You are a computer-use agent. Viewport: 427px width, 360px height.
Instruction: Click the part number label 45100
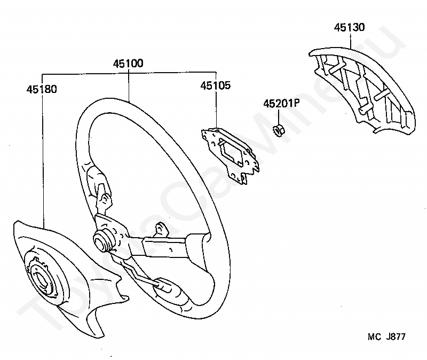tap(128, 63)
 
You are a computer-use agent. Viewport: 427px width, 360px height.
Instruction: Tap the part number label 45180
tap(42, 89)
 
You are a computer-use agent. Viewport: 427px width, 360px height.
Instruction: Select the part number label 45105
tap(216, 85)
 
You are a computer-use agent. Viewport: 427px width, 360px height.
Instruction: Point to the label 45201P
tap(281, 103)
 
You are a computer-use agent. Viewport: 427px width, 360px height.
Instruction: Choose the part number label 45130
tap(350, 27)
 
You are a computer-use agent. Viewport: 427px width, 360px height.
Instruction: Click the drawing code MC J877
tap(386, 336)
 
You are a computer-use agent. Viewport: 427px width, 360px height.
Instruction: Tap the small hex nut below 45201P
tap(279, 130)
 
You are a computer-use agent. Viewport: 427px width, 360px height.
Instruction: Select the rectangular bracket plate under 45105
tap(230, 155)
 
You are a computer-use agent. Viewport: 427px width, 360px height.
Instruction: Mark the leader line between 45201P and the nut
tap(279, 116)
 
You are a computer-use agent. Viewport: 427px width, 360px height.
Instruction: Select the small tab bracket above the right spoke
tap(162, 229)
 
